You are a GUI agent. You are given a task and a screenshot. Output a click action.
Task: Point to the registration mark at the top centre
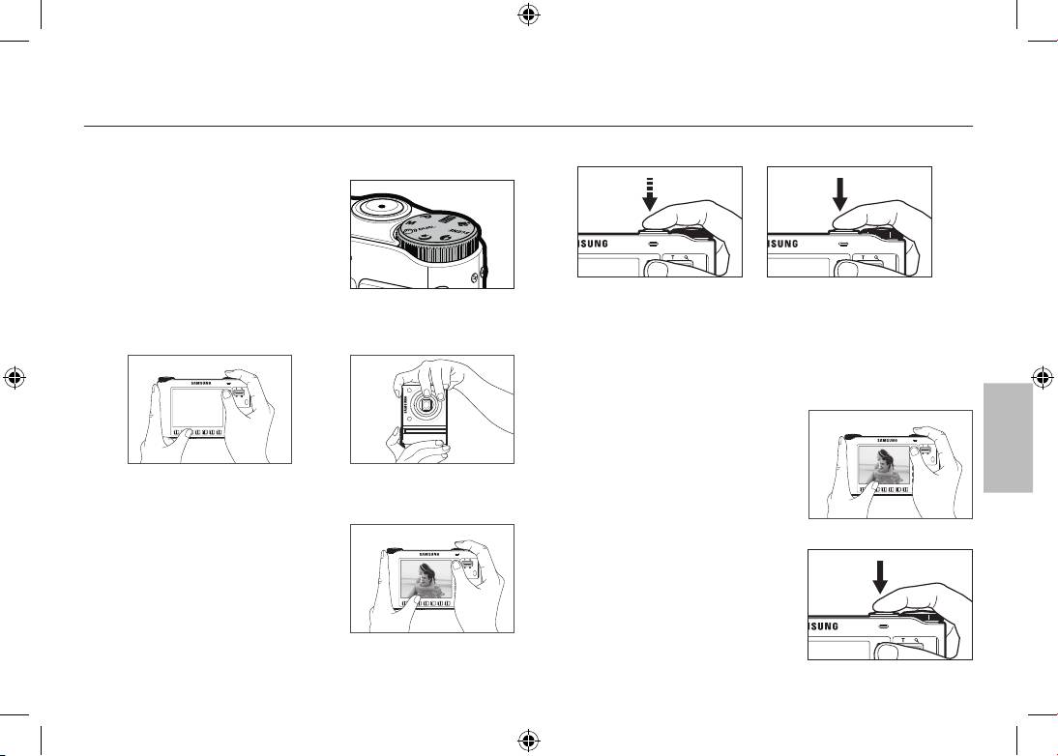(x=528, y=15)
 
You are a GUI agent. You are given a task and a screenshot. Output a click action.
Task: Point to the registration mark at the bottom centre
(x=528, y=741)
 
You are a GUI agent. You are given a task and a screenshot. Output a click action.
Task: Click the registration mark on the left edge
(x=15, y=377)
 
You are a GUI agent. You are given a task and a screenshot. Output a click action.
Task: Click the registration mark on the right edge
(x=1043, y=377)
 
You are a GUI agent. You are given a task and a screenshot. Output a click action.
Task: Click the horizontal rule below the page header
(x=528, y=126)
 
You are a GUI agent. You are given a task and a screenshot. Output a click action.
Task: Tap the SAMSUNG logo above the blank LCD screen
(x=199, y=381)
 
